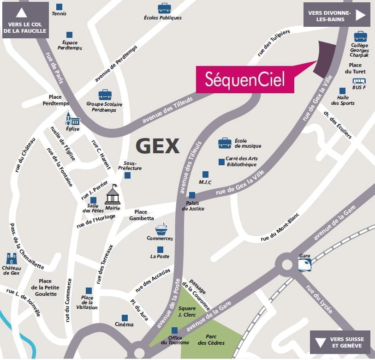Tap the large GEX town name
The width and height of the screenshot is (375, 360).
(x=157, y=146)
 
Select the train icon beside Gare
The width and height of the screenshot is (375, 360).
(x=304, y=264)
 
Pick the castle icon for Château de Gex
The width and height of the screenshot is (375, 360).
(x=12, y=258)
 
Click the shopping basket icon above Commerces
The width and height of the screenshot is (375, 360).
(x=161, y=229)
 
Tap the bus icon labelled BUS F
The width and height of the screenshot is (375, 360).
(x=358, y=81)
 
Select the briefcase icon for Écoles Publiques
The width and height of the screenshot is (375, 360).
(x=164, y=8)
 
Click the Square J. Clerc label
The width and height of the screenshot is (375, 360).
(x=187, y=312)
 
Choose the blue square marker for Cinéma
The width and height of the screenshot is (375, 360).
(x=125, y=318)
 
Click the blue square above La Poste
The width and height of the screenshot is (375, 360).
(x=160, y=249)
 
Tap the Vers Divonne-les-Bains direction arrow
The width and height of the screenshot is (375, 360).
(x=360, y=15)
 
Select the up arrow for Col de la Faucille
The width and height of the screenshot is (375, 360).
(x=24, y=13)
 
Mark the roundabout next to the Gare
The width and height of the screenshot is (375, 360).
(x=287, y=265)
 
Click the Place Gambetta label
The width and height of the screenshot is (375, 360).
(x=141, y=215)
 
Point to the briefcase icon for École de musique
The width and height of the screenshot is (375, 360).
(x=225, y=143)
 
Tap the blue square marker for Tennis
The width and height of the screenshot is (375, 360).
(x=59, y=6)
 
